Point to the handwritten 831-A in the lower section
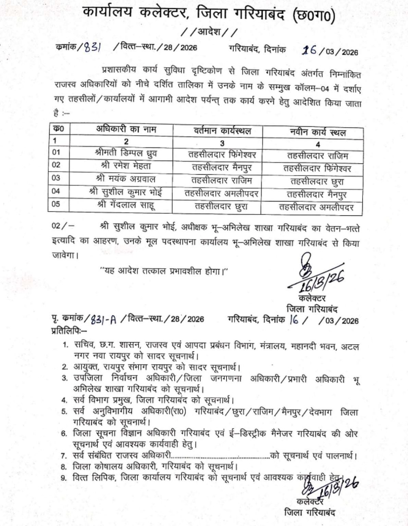click(104, 320)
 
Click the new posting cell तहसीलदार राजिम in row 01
click(318, 156)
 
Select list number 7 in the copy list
click(64, 456)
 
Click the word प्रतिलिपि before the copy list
click(64, 330)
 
